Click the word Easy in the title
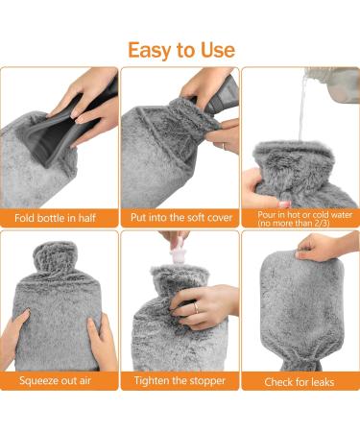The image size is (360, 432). point(153,49)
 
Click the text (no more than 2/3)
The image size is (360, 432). point(300,222)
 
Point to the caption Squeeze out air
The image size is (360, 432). point(60,381)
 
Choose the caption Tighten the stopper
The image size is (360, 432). point(180,381)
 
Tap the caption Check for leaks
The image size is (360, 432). point(300,381)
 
